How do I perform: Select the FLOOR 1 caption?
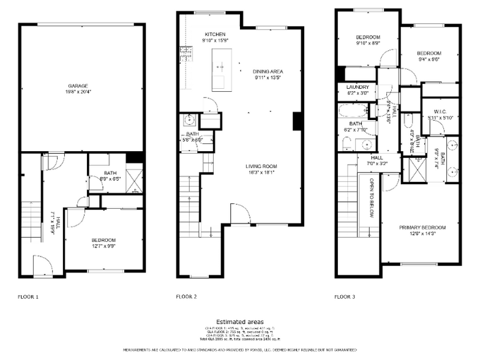pyautogui.click(x=28, y=297)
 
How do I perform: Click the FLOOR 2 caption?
pyautogui.click(x=186, y=297)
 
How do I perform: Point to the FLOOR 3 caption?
pyautogui.click(x=345, y=297)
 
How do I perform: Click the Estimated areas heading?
pyautogui.click(x=240, y=321)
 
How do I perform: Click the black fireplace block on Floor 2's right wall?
pyautogui.click(x=298, y=121)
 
